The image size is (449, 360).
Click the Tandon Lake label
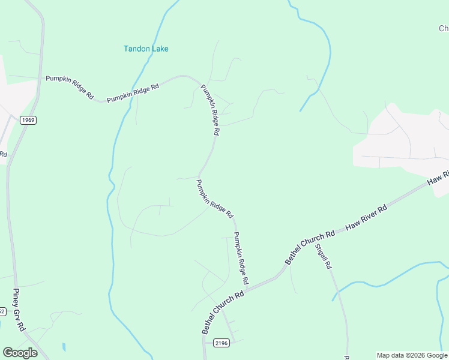(x=146, y=49)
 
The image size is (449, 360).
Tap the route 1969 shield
(x=28, y=120)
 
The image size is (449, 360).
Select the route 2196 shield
(x=221, y=342)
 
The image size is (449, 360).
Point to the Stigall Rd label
(x=324, y=256)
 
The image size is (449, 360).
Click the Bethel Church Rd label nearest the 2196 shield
(x=223, y=312)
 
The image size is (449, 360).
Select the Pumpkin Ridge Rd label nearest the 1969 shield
(x=70, y=87)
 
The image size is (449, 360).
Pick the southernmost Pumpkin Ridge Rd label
(x=241, y=258)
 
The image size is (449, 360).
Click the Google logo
(x=20, y=353)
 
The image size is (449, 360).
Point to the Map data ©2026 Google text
(x=412, y=355)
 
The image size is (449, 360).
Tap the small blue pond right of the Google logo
(x=64, y=347)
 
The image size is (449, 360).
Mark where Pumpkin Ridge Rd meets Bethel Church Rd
(x=250, y=287)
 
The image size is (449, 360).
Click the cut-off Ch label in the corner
(x=444, y=28)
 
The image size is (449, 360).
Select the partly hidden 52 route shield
(x=2, y=311)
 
